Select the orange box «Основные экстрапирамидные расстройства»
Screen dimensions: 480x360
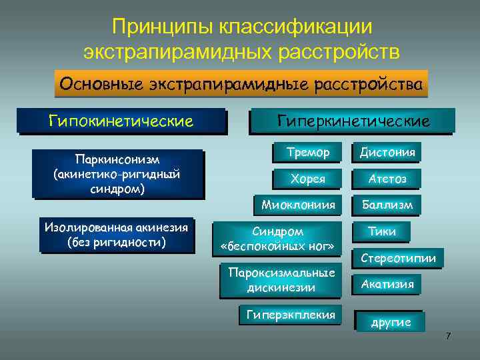(x=240, y=85)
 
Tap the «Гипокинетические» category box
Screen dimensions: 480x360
(x=121, y=121)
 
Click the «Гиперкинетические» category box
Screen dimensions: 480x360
(x=353, y=121)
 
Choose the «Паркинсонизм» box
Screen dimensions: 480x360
(x=117, y=173)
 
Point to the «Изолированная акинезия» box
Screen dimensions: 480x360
(x=117, y=235)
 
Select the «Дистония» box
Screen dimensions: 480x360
(x=387, y=153)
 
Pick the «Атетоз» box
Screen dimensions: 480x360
(x=387, y=179)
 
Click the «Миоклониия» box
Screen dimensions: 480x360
(x=298, y=204)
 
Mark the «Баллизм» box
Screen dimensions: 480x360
(x=387, y=204)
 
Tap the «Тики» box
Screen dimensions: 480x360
(x=382, y=231)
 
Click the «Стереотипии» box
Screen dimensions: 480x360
(x=398, y=258)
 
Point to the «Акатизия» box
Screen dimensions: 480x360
(x=387, y=284)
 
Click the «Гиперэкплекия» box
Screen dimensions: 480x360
(x=291, y=315)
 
